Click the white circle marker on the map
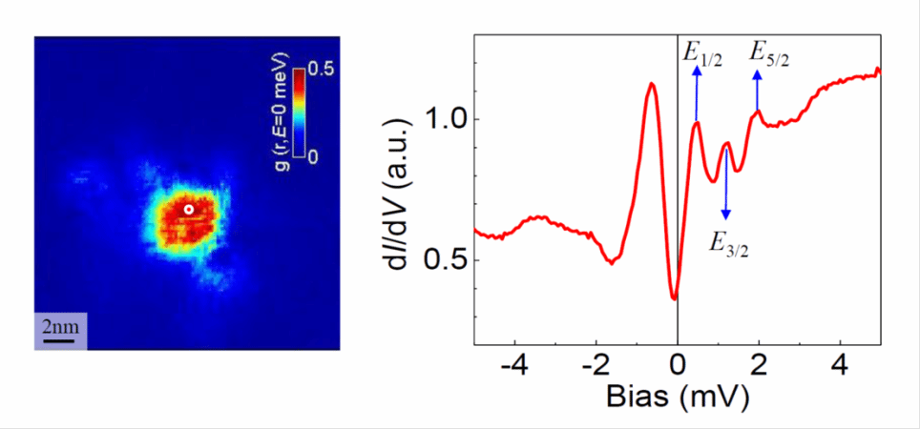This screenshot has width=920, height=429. tap(189, 209)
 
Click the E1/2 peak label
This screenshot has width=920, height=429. tap(701, 53)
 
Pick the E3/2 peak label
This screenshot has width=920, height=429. tap(727, 242)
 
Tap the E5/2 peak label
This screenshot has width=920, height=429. tap(769, 53)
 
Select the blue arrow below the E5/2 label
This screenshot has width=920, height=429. tap(758, 91)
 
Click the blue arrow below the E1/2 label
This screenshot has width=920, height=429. tap(697, 94)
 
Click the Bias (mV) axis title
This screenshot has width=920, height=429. tap(679, 396)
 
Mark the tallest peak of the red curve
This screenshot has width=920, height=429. tap(652, 84)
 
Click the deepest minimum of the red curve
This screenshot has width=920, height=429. tap(674, 298)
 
